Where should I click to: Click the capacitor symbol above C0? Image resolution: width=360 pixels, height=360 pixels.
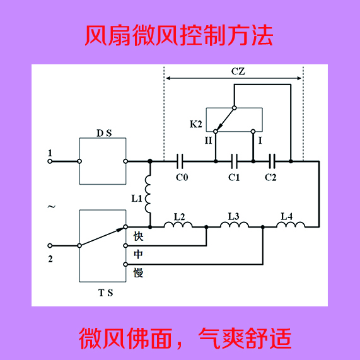180,161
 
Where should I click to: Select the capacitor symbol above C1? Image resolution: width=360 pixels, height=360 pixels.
235,161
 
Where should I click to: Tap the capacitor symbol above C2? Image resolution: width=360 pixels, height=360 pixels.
272,161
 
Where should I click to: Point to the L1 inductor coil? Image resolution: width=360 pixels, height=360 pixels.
148,194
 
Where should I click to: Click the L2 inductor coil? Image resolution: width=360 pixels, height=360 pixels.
178,224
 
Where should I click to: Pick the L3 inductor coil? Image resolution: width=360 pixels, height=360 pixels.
235,224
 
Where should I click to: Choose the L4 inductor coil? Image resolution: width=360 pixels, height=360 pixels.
291,224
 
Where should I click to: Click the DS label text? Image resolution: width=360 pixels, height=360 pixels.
104,133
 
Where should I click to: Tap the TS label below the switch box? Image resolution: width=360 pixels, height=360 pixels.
106,293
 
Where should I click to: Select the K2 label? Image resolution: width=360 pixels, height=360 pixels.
196,124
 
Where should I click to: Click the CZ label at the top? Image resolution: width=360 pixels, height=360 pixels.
238,71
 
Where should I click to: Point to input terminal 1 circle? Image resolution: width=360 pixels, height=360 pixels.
50,161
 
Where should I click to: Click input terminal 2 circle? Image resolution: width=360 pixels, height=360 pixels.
50,246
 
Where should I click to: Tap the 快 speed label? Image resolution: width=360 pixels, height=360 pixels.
139,236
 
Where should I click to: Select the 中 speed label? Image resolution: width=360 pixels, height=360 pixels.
139,254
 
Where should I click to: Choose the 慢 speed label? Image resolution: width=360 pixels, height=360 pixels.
139,273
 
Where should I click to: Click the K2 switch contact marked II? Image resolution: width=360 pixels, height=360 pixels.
216,131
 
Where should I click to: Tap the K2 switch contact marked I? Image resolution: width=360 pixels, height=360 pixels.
253,131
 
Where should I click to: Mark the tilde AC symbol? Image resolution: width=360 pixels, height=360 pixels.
52,207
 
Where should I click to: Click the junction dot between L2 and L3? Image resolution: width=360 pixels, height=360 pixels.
206,227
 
